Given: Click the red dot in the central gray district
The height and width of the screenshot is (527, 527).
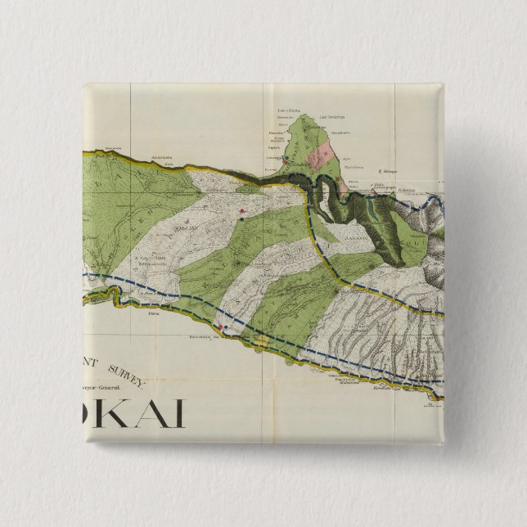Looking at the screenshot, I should coord(242,211).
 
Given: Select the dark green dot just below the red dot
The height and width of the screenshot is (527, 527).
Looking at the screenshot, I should coord(242,218).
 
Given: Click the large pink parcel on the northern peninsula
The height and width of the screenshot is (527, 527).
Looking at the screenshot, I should coord(320,155).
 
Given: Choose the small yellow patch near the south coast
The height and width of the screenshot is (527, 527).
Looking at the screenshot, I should coord(261,338).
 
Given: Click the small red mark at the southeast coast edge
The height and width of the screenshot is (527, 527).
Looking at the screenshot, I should coord(437,399).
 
